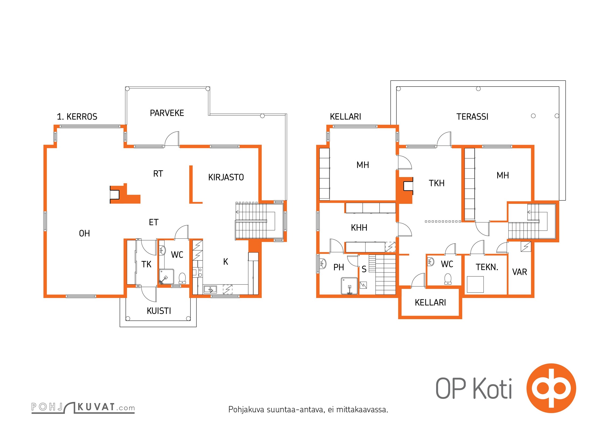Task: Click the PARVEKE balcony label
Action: [x=167, y=113]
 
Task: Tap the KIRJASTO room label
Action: [x=226, y=177]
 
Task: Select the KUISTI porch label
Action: [x=159, y=311]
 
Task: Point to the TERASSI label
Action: [x=472, y=117]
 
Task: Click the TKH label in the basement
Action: [x=437, y=183]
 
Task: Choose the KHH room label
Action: [x=359, y=228]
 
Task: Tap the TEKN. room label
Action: [x=487, y=267]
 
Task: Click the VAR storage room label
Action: [x=520, y=272]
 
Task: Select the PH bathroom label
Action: [x=339, y=267]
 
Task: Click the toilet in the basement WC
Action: [x=448, y=279]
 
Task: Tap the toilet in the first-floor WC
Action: [x=182, y=278]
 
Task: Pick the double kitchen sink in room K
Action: [x=210, y=290]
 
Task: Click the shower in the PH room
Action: [x=349, y=286]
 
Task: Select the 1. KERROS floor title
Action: [x=77, y=117]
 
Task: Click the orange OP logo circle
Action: [x=551, y=388]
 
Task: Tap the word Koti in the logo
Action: [x=492, y=389]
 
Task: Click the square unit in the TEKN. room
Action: [x=475, y=284]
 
